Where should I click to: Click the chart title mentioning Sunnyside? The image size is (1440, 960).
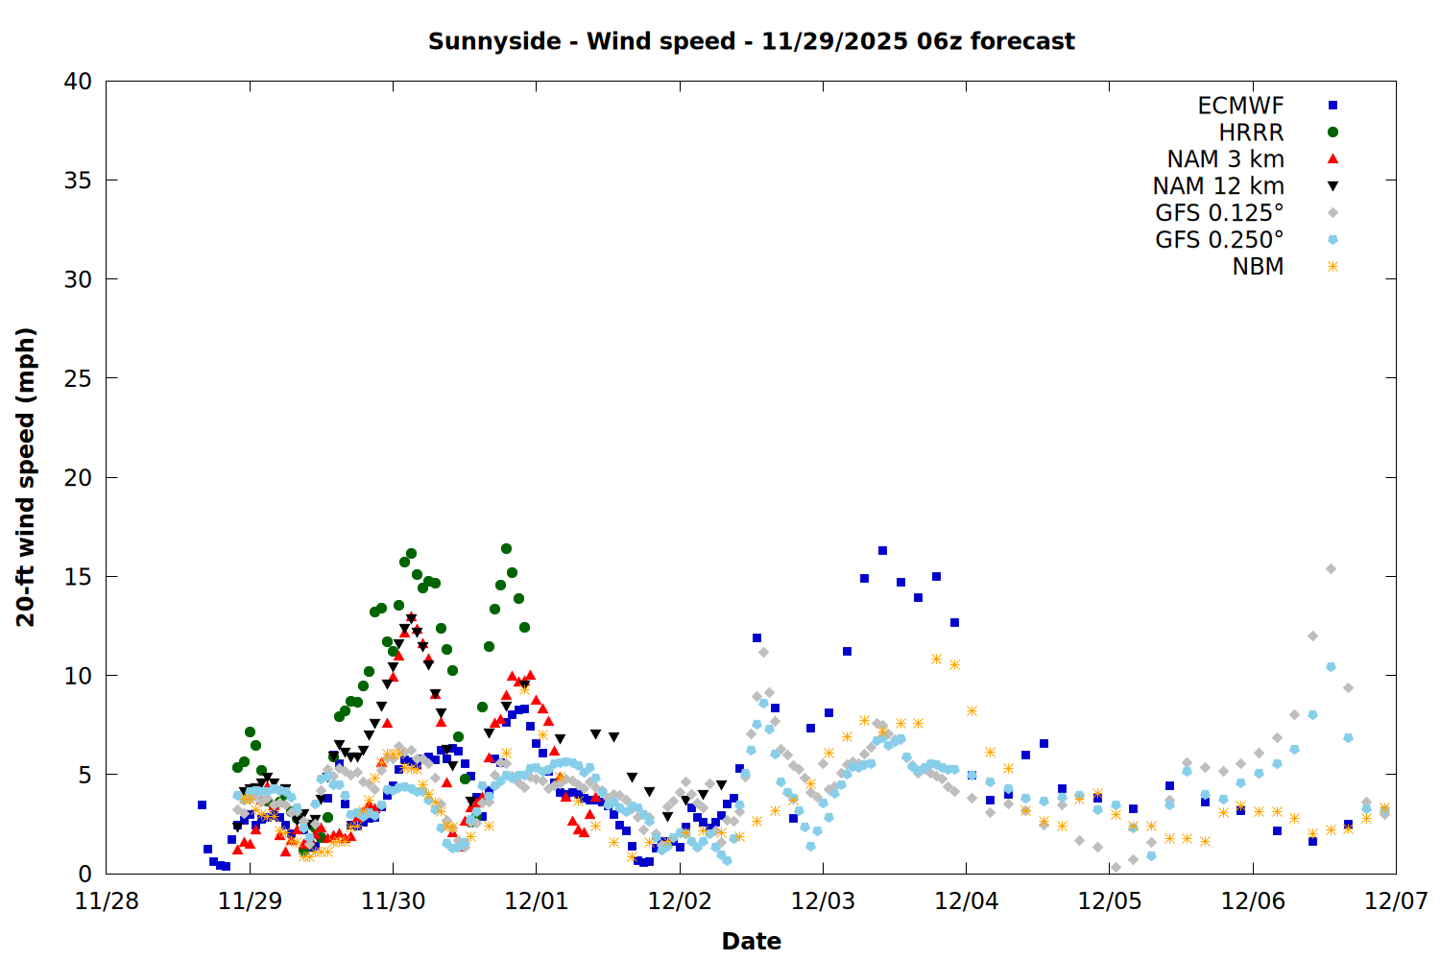point(751,41)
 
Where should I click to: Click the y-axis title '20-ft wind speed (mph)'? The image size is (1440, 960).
point(26,477)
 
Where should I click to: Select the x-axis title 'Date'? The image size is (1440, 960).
point(751,941)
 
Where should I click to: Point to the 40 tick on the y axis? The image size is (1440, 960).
point(78,82)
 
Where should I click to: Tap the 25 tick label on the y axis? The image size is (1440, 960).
point(78,378)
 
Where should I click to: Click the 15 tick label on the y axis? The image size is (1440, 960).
point(78,576)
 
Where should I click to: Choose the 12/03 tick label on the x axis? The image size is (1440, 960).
point(823,901)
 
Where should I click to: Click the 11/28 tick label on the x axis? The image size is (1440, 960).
point(107,901)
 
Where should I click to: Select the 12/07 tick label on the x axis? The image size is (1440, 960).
point(1396,901)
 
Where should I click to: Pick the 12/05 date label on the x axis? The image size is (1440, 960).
point(1110,901)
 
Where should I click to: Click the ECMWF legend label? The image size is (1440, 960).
point(1240,106)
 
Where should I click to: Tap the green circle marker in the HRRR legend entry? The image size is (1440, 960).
point(1332,132)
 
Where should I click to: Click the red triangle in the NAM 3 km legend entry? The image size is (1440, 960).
point(1332,158)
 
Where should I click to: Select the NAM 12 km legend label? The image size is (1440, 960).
point(1218,186)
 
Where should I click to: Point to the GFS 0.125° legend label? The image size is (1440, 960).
point(1219,213)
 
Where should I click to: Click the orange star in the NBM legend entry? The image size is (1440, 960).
point(1332,267)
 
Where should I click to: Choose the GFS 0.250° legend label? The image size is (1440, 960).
point(1219,240)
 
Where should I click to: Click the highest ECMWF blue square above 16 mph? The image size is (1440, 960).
point(882,551)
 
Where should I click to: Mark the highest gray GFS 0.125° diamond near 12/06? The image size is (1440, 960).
point(1331,569)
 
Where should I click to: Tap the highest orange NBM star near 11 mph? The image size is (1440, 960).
point(936,660)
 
